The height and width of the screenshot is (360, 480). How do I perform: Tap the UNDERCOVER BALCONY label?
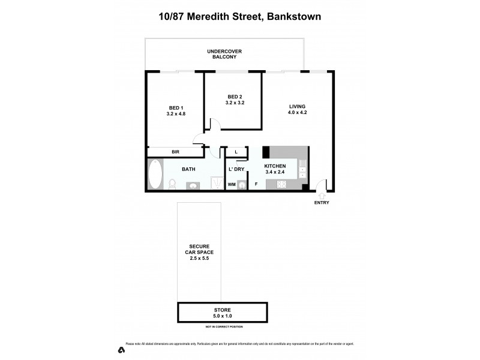[x=224, y=54]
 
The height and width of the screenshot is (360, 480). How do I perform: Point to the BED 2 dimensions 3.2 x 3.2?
[x=235, y=103]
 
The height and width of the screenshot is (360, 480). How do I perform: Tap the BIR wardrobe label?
[x=176, y=152]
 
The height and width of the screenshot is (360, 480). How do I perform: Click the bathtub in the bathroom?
[x=155, y=175]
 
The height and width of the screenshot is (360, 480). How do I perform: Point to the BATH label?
[x=188, y=169]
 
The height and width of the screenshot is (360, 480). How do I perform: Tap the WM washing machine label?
[x=232, y=185]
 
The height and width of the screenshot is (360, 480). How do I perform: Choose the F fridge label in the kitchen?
[x=256, y=184]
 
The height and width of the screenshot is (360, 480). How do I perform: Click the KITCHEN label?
[x=275, y=166]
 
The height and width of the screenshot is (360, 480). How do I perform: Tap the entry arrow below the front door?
[x=322, y=195]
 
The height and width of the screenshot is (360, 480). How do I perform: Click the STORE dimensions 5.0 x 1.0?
[x=222, y=315]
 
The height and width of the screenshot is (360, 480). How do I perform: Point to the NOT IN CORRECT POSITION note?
[x=224, y=326]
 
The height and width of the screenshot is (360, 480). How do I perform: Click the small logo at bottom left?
[x=121, y=349]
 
